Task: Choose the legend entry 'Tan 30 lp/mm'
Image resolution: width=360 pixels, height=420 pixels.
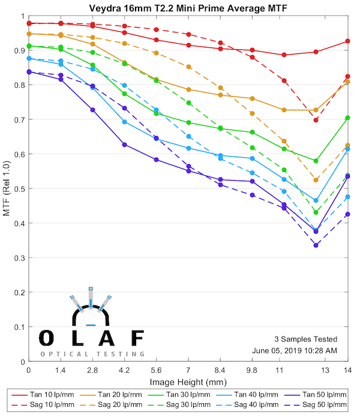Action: pos(189,395)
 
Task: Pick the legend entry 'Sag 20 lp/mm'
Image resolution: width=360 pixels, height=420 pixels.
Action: pos(122,406)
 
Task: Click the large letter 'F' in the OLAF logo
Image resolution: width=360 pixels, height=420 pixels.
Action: pos(137,338)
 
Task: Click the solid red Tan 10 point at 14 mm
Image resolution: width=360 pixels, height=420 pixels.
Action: pos(347,41)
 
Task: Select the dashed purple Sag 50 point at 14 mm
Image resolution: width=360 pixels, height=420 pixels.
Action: pos(347,214)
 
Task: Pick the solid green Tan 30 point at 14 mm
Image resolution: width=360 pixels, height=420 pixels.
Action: pos(347,118)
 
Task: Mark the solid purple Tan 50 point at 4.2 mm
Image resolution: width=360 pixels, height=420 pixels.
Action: pos(124,145)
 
